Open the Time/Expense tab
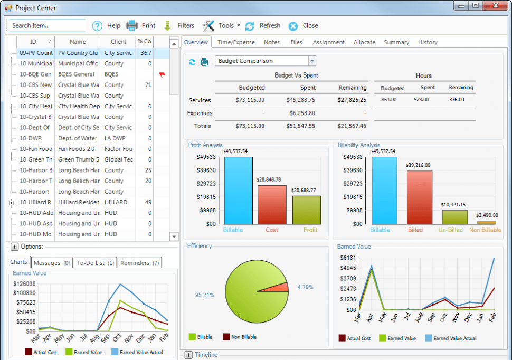(236, 42)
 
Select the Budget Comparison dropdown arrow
(312, 61)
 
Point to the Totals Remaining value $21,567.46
(352, 126)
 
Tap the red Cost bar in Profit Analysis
(272, 204)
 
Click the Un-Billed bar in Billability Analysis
(454, 217)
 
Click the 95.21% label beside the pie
(205, 295)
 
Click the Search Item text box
(46, 25)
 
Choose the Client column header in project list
(118, 42)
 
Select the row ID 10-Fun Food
(36, 149)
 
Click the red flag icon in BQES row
(162, 74)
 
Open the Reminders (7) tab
(140, 263)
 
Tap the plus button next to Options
(14, 247)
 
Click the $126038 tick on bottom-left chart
(24, 283)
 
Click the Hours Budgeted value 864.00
(392, 100)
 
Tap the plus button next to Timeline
(188, 355)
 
